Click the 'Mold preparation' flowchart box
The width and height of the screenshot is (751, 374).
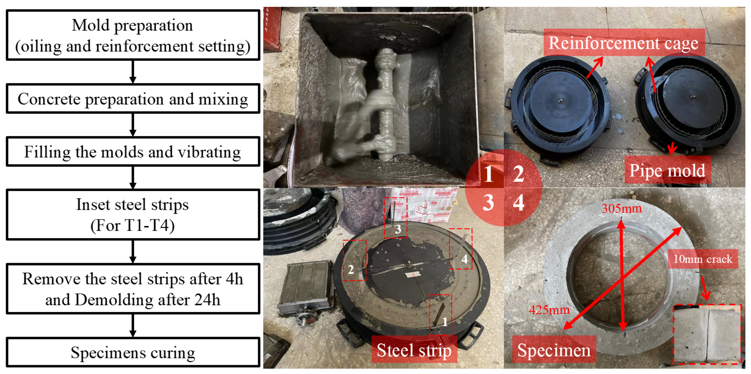coord(133,35)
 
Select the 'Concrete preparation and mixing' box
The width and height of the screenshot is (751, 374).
coord(133,99)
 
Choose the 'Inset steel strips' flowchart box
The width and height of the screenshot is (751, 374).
coord(133,214)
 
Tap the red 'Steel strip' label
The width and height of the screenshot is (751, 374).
coord(414,350)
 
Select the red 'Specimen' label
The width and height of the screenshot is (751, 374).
coord(554,350)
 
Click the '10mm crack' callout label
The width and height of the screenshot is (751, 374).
coord(703,259)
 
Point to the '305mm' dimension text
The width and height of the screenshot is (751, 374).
coord(622,208)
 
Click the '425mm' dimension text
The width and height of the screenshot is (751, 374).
coord(549,309)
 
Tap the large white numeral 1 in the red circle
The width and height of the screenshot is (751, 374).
coord(488,174)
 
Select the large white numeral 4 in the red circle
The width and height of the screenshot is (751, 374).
coord(518,202)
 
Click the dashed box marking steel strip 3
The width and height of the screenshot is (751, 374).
coord(395,218)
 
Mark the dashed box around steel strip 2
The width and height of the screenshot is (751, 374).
coord(354,260)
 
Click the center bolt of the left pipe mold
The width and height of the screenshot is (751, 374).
coord(560,101)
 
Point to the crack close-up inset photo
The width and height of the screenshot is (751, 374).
coord(707,334)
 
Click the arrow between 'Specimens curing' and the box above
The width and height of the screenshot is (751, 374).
coord(133,326)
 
